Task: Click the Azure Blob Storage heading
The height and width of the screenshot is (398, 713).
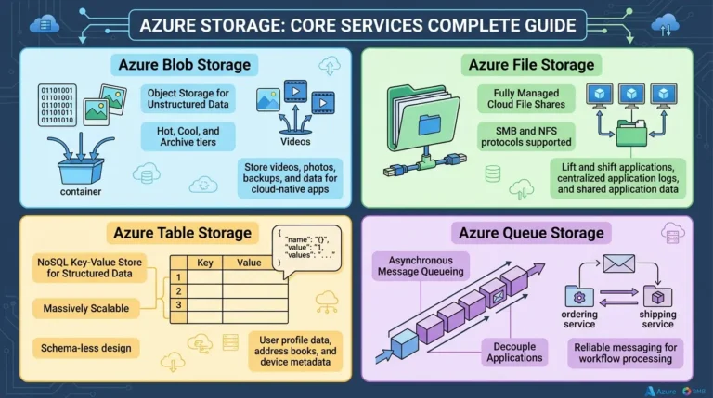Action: click(184, 65)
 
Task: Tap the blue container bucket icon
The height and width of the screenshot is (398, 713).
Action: click(81, 170)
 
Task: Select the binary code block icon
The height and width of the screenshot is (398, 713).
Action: click(58, 105)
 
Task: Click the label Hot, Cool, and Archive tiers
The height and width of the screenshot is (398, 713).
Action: click(188, 136)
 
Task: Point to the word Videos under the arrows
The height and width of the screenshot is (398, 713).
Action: click(295, 141)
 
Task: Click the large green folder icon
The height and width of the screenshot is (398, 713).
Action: click(423, 118)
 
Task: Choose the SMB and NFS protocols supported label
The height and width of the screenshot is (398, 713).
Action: click(526, 136)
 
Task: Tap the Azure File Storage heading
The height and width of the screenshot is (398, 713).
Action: click(531, 65)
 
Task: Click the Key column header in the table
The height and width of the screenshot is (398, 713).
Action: click(204, 263)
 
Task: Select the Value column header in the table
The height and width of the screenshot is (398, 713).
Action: click(249, 263)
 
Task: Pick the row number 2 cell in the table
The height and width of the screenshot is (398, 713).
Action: click(178, 290)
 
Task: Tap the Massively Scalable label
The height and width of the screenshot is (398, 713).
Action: click(86, 308)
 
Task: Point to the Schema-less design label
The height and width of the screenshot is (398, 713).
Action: click(86, 348)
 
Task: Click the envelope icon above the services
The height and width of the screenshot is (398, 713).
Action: click(618, 263)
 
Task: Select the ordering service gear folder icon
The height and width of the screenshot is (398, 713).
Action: click(579, 296)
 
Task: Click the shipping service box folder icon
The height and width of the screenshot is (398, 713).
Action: click(657, 296)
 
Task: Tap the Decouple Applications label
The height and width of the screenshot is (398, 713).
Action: click(514, 353)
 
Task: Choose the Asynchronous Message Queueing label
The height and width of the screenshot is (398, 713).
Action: click(421, 265)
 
